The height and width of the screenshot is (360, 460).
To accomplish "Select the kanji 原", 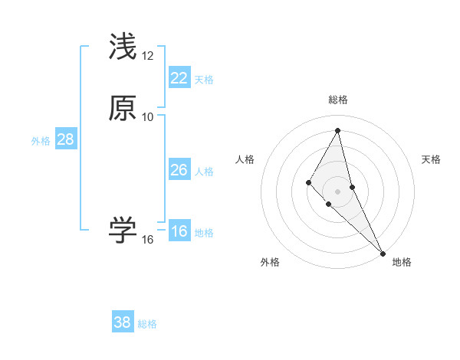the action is pyautogui.click(x=123, y=109).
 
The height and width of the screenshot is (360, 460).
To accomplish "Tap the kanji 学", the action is pyautogui.click(x=123, y=230).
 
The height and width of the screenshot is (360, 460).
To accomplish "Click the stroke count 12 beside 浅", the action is pyautogui.click(x=148, y=56).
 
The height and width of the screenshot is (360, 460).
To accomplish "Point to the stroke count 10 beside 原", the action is pyautogui.click(x=148, y=117).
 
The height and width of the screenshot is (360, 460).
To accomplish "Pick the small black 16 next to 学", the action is pyautogui.click(x=148, y=240).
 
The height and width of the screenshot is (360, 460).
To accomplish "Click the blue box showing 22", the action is pyautogui.click(x=179, y=78).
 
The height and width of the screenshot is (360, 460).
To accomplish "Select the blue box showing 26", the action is pyautogui.click(x=179, y=170).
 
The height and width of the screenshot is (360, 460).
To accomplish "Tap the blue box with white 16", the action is pyautogui.click(x=179, y=231).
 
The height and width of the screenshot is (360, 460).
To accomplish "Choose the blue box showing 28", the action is pyautogui.click(x=65, y=139).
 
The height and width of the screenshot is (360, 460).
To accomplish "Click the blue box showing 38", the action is pyautogui.click(x=123, y=322).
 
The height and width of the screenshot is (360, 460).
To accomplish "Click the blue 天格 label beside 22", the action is pyautogui.click(x=204, y=80).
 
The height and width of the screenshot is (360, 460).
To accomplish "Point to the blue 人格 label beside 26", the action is pyautogui.click(x=204, y=172).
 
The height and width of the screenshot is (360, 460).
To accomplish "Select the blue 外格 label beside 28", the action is pyautogui.click(x=41, y=141).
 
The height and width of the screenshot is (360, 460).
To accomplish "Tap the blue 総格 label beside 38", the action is pyautogui.click(x=147, y=324).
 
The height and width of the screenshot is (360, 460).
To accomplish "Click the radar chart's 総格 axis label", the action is pyautogui.click(x=338, y=100).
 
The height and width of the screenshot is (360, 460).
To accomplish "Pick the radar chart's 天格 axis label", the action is pyautogui.click(x=431, y=159).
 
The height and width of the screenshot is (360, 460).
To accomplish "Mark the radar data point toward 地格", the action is pyautogui.click(x=383, y=253).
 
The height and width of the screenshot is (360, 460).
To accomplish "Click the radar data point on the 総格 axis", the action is pyautogui.click(x=338, y=129).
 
